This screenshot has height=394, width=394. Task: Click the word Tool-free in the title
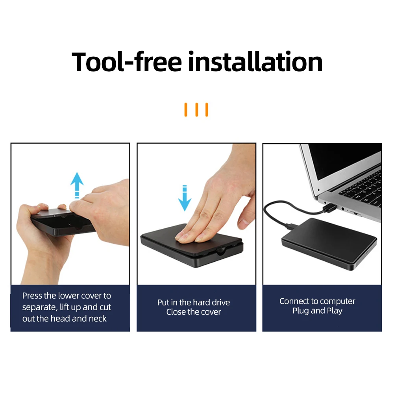(127, 62)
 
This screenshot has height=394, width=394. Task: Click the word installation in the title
(255, 62)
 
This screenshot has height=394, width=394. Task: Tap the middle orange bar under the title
(196, 110)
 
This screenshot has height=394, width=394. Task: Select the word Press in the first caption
(32, 296)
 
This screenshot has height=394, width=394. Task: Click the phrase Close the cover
(194, 312)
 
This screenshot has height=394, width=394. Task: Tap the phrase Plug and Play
(317, 311)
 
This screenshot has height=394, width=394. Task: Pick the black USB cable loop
(276, 215)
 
